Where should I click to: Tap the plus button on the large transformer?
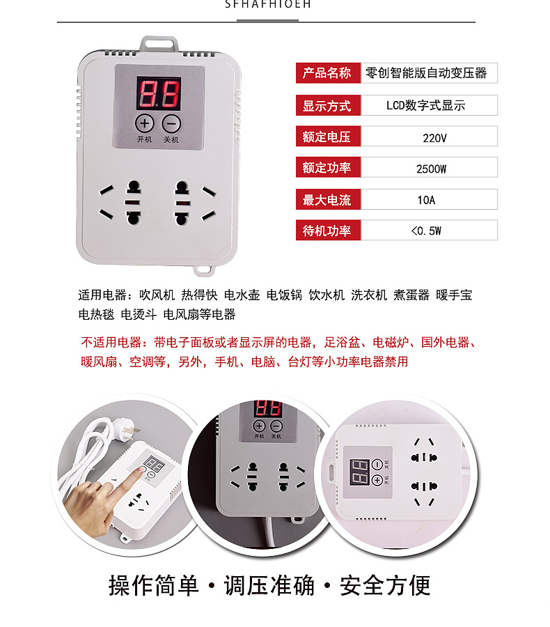[144, 123]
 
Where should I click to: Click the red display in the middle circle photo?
[267, 408]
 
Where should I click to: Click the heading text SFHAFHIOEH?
[268, 4]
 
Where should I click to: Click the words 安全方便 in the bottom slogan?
[384, 585]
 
